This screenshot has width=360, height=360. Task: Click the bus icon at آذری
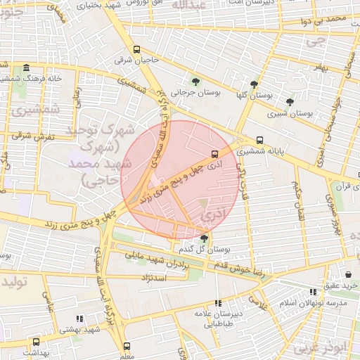(214, 154)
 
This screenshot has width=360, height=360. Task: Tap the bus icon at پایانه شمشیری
(260, 139)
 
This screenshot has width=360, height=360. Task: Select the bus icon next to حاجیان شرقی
(136, 50)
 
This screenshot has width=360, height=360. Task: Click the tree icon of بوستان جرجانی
(195, 81)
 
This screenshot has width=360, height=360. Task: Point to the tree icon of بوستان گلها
(253, 84)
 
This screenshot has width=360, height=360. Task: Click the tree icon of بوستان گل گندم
(204, 238)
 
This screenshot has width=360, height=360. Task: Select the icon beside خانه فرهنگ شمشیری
(26, 68)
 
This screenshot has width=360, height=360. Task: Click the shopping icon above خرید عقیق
(349, 274)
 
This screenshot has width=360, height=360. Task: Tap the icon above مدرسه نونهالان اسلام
(313, 291)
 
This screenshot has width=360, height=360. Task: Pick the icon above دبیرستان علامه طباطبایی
(217, 303)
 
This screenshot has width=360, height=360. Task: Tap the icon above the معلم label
(127, 346)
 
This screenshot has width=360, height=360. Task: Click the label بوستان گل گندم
(214, 250)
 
